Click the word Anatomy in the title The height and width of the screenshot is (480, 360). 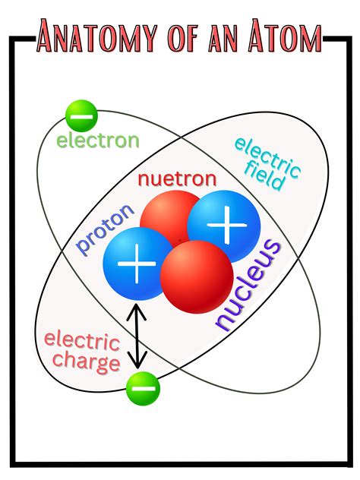click(x=97, y=36)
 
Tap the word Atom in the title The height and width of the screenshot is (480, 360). click(x=285, y=36)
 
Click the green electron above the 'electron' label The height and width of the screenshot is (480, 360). click(x=81, y=115)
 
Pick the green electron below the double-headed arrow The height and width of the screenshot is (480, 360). click(x=144, y=388)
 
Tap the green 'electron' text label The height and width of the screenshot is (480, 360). click(x=98, y=141)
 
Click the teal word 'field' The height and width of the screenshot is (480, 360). click(x=265, y=178)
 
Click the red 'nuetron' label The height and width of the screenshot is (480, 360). click(x=177, y=178)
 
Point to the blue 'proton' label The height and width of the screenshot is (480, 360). click(x=106, y=228)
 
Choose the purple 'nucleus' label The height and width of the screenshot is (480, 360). click(x=248, y=285)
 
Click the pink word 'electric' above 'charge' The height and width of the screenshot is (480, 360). click(x=82, y=341)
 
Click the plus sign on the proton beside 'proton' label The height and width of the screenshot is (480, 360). click(x=137, y=264)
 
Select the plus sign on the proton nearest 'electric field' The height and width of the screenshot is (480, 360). click(x=227, y=225)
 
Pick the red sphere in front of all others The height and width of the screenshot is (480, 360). click(x=197, y=276)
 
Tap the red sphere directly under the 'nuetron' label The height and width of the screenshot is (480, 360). click(x=167, y=217)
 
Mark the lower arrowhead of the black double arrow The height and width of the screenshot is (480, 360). click(x=137, y=360)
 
